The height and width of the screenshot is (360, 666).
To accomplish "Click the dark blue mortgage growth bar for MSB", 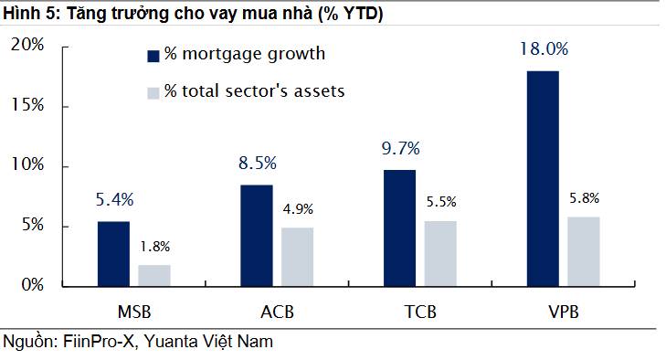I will pos(113,253).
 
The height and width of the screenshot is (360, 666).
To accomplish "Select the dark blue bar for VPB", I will pos(544,178).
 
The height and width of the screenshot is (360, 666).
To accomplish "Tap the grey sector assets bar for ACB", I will pos(297,257).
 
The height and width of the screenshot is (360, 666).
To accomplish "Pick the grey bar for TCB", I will pos(440,253).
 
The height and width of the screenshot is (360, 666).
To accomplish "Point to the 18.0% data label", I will pos(544,49).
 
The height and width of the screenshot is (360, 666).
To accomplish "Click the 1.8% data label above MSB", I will pos(153,246).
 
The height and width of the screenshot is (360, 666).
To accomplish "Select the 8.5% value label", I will pos(256,164).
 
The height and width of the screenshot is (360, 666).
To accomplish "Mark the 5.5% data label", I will pos(440,202).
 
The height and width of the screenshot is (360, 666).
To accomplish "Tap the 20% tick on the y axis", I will pos(27,46).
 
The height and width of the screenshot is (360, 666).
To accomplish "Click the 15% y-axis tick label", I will pos(27,106).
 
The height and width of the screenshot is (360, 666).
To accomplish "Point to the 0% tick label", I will pos(32,286).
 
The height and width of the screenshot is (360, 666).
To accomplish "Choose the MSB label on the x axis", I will pos(134,312).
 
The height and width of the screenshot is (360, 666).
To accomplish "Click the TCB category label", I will pos(419,312).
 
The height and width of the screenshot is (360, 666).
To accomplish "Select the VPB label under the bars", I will pos(563,312).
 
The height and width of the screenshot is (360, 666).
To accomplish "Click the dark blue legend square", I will pos(153,55).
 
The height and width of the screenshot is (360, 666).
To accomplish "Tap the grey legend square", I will pos(153,91).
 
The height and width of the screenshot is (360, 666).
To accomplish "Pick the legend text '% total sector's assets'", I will pos(255,91).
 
